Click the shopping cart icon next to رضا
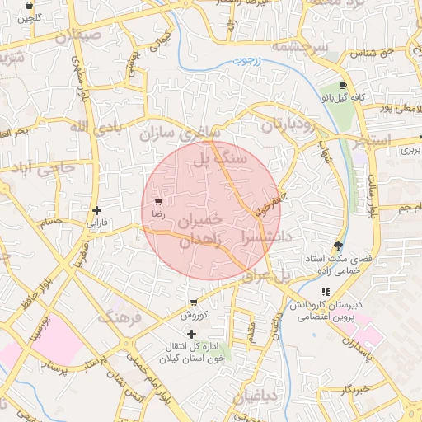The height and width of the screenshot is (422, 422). [157, 201]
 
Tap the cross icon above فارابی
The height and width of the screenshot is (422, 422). [97, 211]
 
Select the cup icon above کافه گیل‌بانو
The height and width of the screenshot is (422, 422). [343, 86]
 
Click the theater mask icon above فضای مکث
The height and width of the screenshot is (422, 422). [338, 246]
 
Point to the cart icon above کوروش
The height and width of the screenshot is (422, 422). [194, 303]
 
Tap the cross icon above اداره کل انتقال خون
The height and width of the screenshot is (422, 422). [192, 334]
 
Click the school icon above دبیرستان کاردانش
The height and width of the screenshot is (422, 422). [326, 292]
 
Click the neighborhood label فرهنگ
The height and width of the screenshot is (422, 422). [117, 316]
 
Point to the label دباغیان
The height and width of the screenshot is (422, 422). [259, 398]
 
